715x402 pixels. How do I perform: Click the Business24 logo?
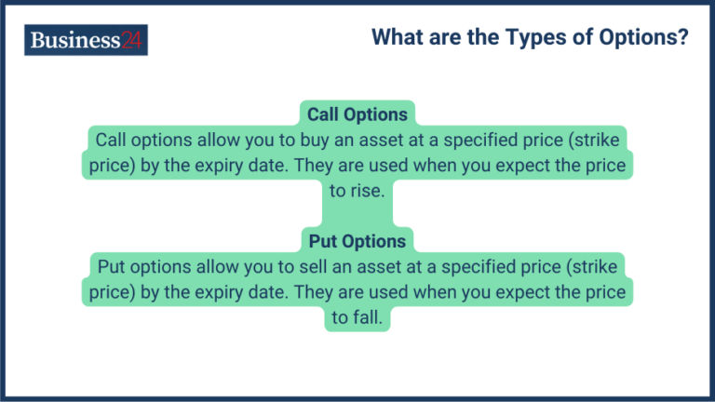click(86, 40)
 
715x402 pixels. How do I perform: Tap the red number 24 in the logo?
click(132, 40)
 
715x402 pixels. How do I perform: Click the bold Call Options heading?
click(357, 114)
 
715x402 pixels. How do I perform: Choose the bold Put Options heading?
click(357, 241)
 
